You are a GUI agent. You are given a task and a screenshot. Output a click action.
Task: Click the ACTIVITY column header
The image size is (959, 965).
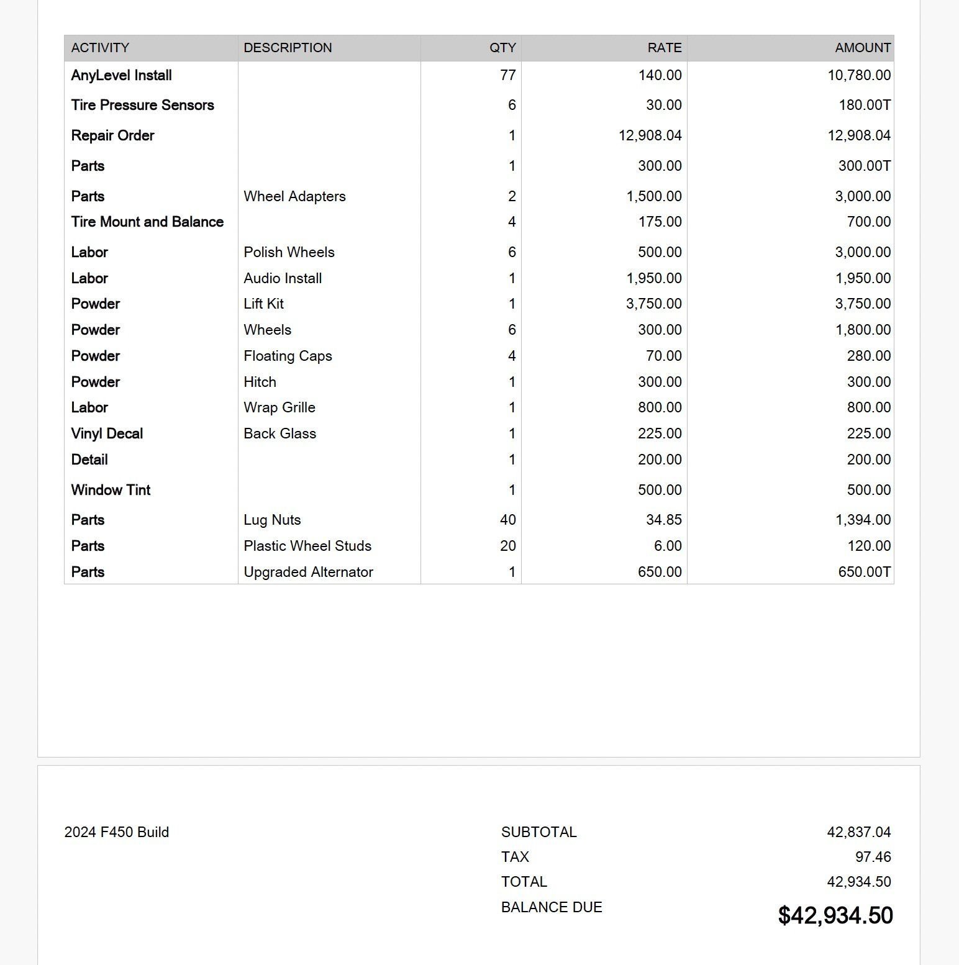[100, 48]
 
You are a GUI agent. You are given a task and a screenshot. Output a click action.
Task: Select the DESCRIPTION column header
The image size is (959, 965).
[288, 48]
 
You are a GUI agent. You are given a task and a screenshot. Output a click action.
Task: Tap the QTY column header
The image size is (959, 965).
[502, 48]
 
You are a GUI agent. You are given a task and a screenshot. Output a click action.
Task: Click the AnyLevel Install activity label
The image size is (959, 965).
[122, 75]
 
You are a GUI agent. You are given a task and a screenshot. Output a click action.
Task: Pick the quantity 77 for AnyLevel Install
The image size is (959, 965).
[507, 75]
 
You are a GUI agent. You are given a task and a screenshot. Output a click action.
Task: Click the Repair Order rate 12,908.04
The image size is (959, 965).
[650, 135]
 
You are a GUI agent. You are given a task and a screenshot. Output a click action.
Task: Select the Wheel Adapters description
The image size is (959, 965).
[294, 196]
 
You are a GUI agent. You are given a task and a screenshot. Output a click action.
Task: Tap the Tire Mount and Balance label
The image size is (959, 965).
[147, 222]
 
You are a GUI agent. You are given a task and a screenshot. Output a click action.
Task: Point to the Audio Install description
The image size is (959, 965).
[283, 278]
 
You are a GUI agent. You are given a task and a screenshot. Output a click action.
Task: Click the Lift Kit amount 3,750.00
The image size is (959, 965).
[863, 304]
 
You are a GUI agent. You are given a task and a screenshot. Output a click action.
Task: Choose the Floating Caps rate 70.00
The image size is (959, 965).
[663, 356]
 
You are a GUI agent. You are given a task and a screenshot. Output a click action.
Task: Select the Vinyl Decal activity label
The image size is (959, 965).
[107, 433]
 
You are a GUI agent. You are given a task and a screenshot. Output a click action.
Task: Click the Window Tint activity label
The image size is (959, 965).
[111, 490]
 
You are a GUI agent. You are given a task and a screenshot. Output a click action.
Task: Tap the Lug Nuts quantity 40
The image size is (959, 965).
[507, 520]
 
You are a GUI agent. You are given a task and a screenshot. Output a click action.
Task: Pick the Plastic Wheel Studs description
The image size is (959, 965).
[307, 546]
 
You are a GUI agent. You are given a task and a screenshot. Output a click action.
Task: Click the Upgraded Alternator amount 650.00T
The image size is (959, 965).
[864, 572]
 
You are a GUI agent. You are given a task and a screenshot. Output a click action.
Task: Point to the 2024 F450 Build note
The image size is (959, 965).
[117, 832]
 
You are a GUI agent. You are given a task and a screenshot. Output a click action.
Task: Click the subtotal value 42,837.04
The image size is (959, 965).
[858, 832]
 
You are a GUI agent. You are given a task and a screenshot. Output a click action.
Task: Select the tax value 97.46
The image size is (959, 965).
[873, 857]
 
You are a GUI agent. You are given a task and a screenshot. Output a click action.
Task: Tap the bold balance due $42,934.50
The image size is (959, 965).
[835, 915]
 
